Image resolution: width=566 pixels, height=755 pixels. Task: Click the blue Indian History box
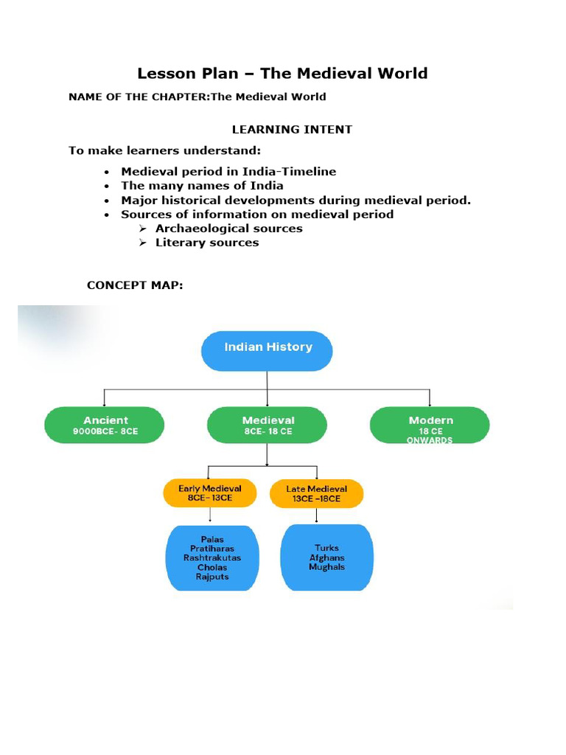(x=267, y=350)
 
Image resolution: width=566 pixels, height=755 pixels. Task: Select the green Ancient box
(x=105, y=425)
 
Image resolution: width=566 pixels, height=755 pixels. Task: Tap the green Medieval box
(x=267, y=425)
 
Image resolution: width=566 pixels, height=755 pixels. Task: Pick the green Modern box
(x=430, y=425)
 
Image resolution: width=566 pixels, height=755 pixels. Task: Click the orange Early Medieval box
(x=210, y=493)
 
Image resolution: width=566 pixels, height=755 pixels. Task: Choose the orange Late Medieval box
(x=317, y=493)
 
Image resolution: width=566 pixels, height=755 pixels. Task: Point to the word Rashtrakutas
(x=212, y=558)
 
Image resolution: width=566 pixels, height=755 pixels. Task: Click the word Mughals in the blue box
(x=327, y=567)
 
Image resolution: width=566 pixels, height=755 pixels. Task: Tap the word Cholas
(x=212, y=567)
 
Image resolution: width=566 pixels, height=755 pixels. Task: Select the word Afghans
(x=327, y=558)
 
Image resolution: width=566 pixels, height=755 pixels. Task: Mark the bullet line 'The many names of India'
(x=202, y=186)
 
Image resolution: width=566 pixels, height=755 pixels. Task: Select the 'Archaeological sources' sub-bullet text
(x=228, y=229)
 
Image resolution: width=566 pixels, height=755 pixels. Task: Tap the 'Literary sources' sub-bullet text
(x=207, y=243)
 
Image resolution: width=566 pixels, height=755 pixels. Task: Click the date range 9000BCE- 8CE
(x=105, y=431)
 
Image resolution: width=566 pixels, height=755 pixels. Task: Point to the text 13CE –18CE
(x=317, y=498)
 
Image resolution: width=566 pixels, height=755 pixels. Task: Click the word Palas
(x=212, y=540)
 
